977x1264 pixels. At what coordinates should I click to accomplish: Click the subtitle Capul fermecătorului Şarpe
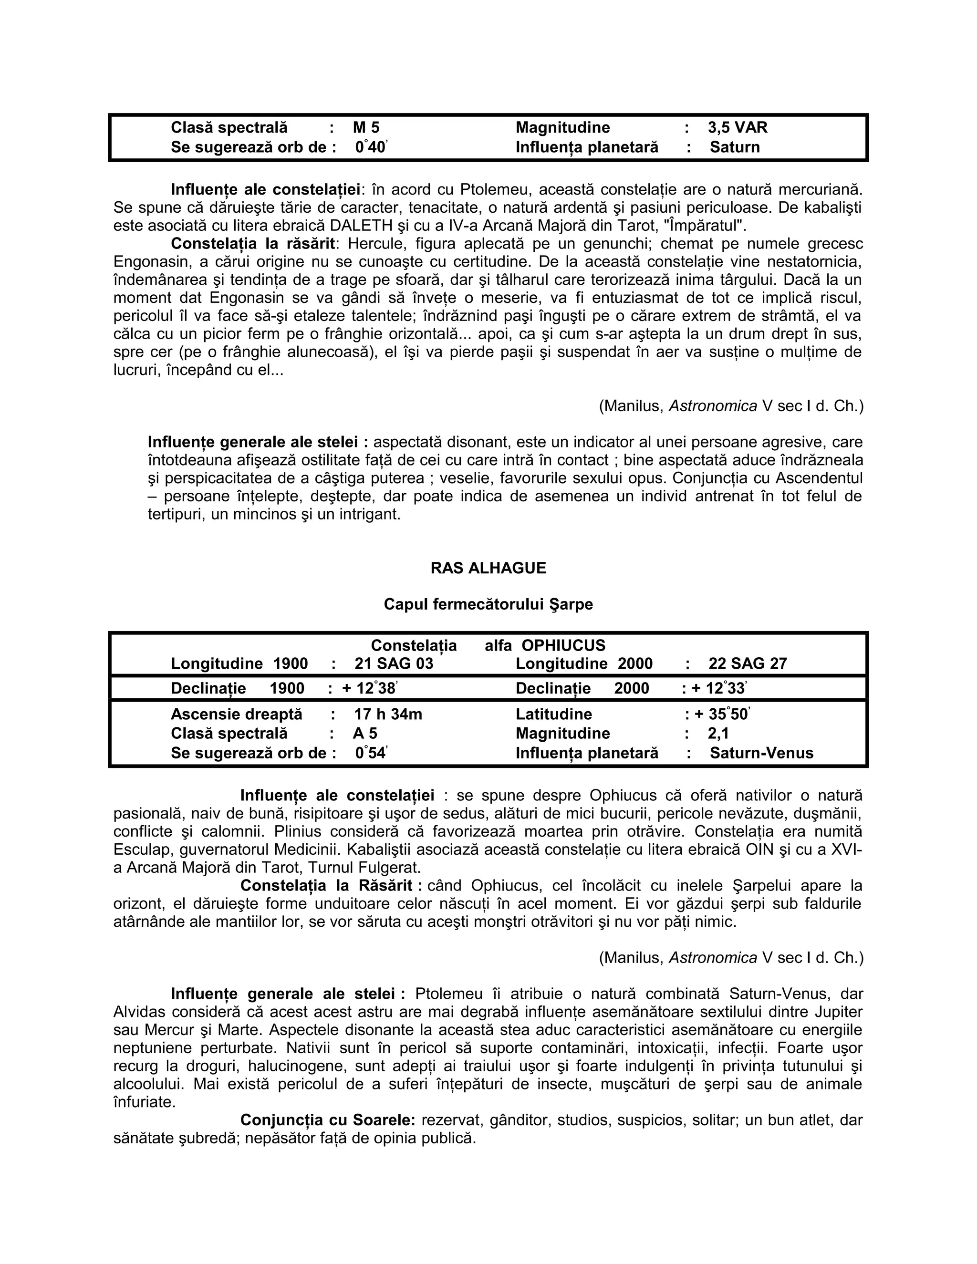[488, 604]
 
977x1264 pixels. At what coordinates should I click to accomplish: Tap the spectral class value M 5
[366, 127]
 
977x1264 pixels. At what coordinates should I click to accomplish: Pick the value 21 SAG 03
[394, 663]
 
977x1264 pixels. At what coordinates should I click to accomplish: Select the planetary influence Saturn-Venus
[761, 753]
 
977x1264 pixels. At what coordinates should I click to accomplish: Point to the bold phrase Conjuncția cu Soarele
[328, 1120]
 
